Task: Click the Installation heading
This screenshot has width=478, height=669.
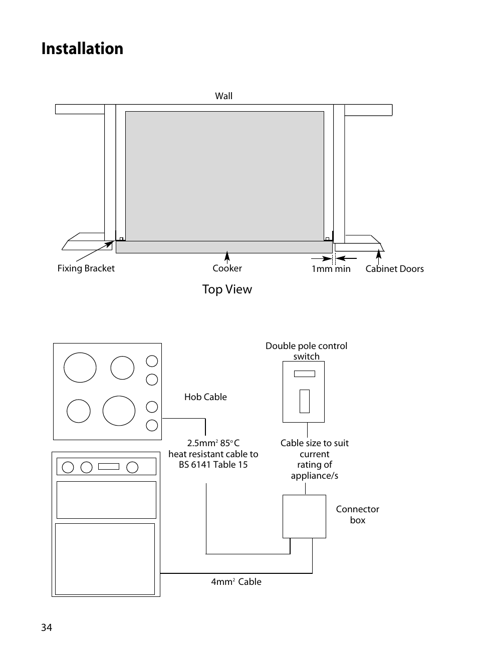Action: pos(82,49)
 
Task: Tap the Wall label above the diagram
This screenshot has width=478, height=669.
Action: pos(223,96)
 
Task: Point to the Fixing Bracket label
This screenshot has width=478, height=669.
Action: pos(86,268)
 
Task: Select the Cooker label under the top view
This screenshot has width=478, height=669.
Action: pos(227,268)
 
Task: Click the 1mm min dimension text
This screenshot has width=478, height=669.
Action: pos(331,269)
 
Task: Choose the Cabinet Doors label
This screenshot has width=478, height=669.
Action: pos(394,269)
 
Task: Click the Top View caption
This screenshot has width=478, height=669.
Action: pos(227,289)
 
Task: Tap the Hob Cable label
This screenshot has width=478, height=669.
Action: pos(205,397)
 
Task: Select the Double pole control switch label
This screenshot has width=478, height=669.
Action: pos(306,351)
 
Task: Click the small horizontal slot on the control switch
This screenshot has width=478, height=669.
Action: pos(305,374)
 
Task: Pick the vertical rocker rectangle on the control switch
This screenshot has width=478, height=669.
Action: pos(305,401)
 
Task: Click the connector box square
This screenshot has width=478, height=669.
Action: pos(304,516)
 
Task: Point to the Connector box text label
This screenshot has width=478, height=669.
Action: pos(358,514)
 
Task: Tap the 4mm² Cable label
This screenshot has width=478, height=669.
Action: pos(236,581)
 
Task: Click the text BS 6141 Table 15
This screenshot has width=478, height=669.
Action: pos(213,464)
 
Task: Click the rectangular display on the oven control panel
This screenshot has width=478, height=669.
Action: pos(109,467)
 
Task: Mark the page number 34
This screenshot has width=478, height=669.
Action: pos(47,627)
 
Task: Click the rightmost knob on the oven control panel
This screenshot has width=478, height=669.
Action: pos(132,467)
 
